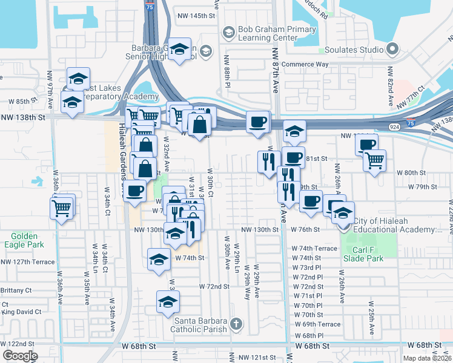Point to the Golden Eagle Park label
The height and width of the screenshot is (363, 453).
(x=24, y=241)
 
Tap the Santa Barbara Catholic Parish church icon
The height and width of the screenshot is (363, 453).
(x=236, y=325)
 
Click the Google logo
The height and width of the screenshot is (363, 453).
(x=20, y=356)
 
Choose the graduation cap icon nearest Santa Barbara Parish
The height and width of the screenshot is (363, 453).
(x=168, y=302)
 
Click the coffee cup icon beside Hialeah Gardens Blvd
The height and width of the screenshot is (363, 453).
(x=134, y=190)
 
